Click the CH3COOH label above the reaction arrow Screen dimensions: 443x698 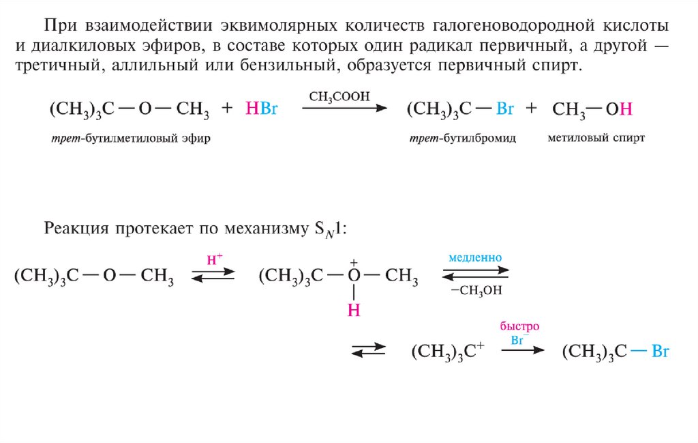pos(339,97)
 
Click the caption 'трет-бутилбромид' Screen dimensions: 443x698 pos(463,138)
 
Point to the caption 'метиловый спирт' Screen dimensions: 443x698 pos(596,138)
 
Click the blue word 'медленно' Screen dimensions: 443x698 pos(475,258)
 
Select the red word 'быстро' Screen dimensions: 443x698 pos(519,326)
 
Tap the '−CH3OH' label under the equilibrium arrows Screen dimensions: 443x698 pos(476,290)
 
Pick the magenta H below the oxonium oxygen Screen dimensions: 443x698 pos(354,311)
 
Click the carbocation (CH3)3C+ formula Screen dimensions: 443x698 pos(448,352)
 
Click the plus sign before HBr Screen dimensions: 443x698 pos(228,109)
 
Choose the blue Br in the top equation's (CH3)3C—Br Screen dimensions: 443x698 pos(505,109)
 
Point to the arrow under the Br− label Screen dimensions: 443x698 pos(523,350)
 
